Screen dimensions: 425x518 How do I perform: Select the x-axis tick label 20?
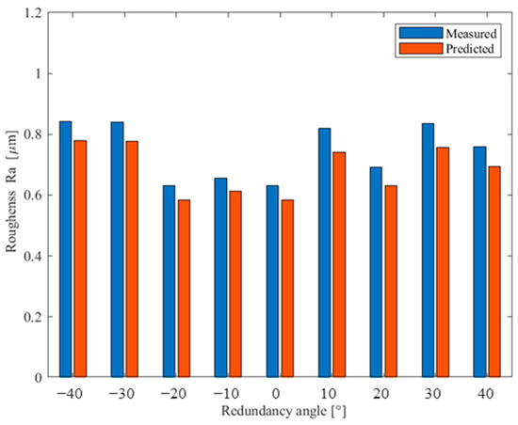point(382,391)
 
